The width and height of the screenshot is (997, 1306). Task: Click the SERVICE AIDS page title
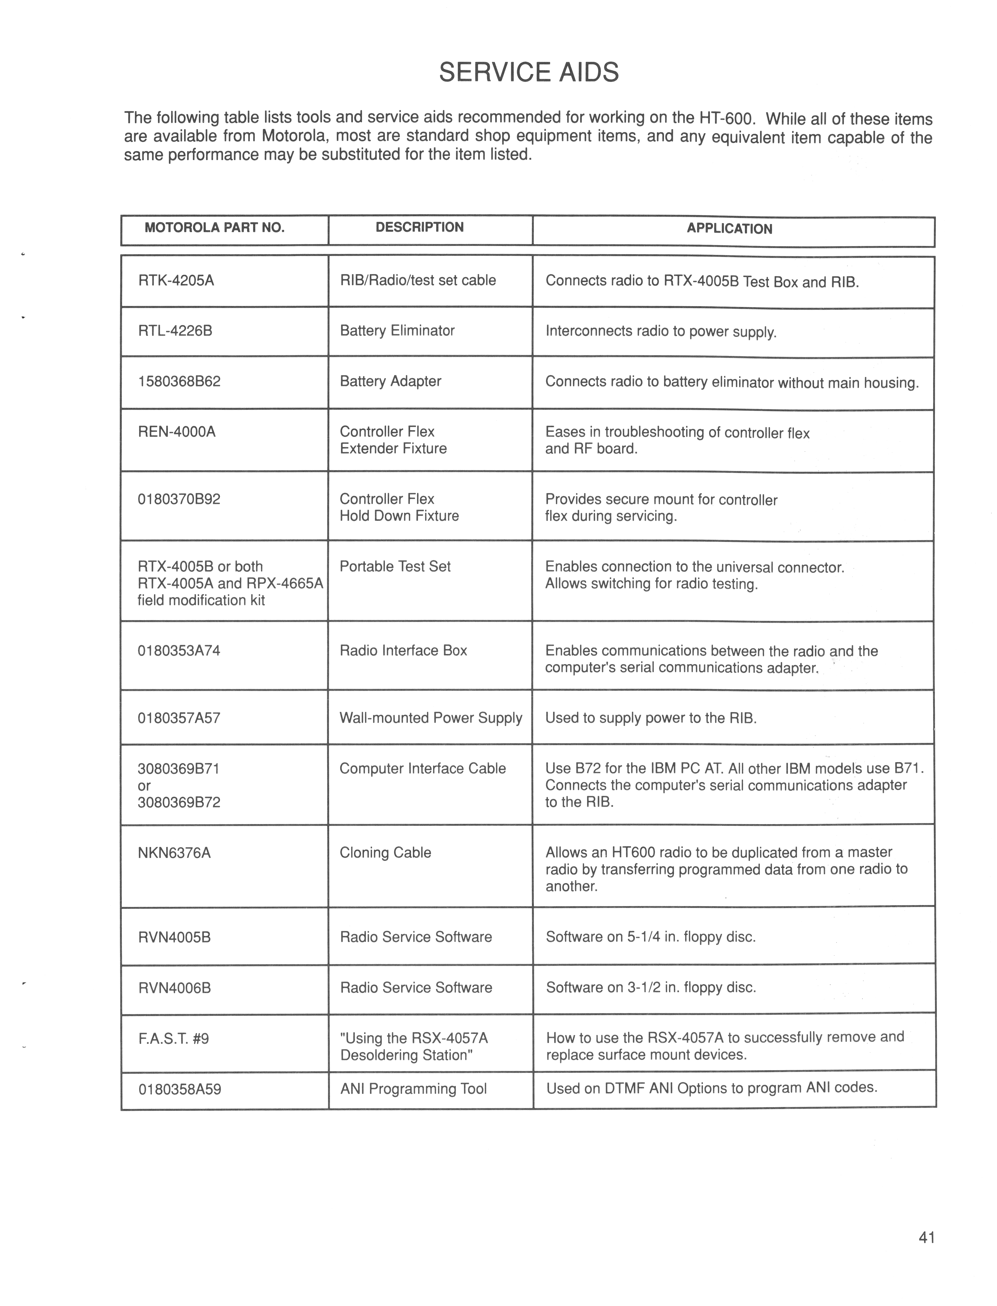coord(528,72)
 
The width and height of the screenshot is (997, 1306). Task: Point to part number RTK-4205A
coord(176,280)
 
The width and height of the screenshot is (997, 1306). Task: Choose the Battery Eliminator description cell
coord(397,331)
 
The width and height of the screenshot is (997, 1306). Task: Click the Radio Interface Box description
coord(403,651)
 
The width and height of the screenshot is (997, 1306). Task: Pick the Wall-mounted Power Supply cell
coord(430,718)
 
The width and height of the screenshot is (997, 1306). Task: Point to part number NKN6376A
coord(174,853)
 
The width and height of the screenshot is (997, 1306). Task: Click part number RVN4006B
coord(174,988)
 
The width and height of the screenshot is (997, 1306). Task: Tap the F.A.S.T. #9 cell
coord(173,1038)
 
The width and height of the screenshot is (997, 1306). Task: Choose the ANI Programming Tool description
coord(413,1089)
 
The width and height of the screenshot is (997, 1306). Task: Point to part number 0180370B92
coord(179,499)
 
